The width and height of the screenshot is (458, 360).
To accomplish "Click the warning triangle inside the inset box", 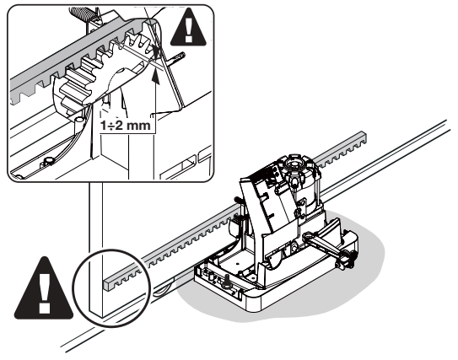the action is point(188,29).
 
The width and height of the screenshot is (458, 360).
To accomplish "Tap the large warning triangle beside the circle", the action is point(44,289).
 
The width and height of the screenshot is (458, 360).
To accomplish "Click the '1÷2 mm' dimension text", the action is point(126,126).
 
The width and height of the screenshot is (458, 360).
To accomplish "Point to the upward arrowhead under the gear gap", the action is point(156,77).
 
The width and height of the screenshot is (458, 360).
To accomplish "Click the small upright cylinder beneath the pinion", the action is point(78,124).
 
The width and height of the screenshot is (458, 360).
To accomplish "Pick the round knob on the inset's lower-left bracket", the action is point(49,160).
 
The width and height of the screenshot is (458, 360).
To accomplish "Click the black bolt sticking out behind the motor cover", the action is point(238,200).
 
